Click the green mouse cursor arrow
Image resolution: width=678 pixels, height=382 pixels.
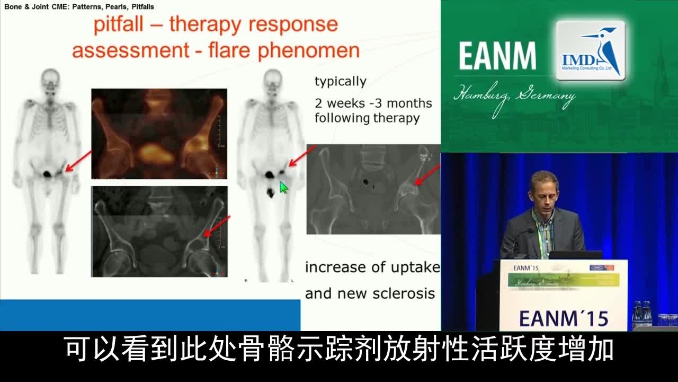click(x=283, y=187)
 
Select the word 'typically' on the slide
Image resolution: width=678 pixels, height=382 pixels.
click(x=341, y=82)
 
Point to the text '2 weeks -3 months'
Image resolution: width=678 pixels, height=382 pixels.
click(x=373, y=103)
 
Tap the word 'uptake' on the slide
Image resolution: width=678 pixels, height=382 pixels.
click(x=415, y=267)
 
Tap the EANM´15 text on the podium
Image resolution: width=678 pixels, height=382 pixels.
click(x=563, y=318)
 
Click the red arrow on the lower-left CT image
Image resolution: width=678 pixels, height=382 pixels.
click(x=217, y=226)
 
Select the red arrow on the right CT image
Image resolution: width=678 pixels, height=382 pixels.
click(x=428, y=175)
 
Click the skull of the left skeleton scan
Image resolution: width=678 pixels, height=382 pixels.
click(x=50, y=79)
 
